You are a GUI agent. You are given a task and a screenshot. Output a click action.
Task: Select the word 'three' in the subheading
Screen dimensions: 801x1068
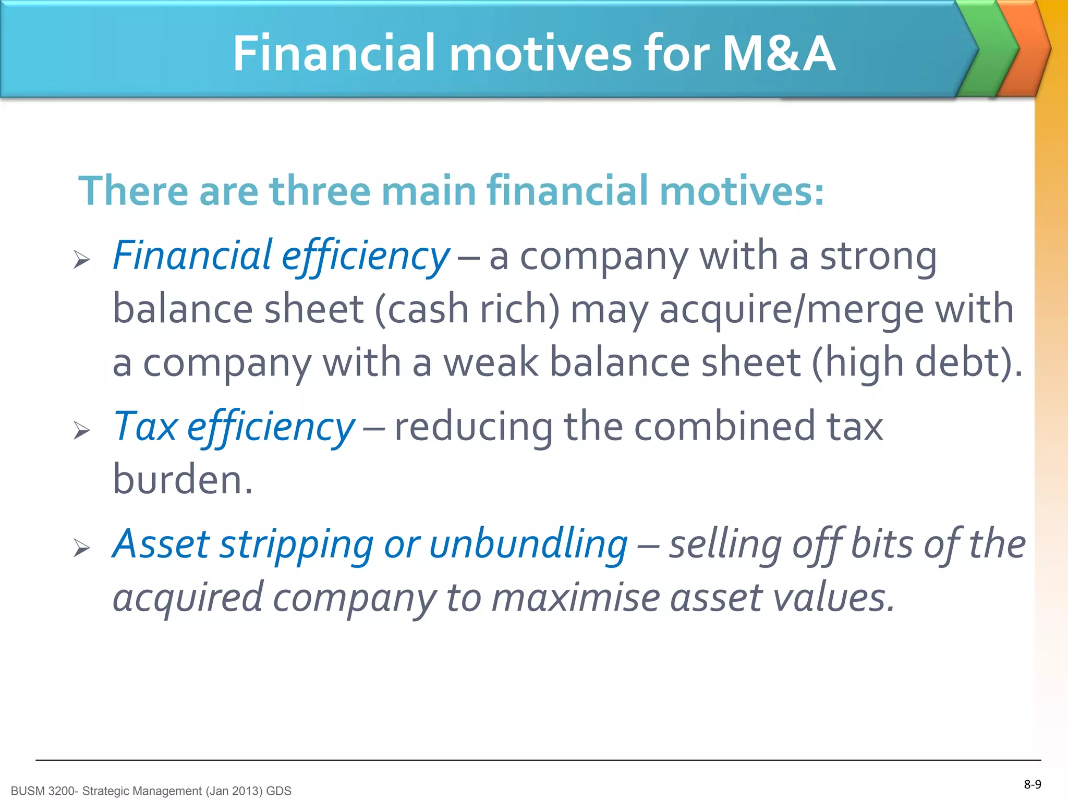[x=320, y=191]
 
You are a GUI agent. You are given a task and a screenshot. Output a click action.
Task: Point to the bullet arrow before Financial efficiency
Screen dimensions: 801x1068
[x=82, y=259]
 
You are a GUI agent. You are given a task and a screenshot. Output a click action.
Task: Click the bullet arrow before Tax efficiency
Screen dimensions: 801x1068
[x=82, y=430]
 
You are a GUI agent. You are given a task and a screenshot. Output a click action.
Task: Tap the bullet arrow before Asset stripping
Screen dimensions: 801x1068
[x=82, y=548]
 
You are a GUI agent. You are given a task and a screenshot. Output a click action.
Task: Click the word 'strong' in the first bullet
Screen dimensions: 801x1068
[x=878, y=257]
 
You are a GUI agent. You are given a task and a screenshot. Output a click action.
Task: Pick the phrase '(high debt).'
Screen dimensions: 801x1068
[x=917, y=363]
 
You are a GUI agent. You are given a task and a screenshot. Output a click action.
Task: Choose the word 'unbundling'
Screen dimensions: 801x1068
[x=528, y=544]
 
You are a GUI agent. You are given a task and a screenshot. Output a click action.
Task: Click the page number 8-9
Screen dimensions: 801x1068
[x=1032, y=784]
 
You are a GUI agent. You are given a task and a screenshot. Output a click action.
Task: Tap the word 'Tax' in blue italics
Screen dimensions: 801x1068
[x=145, y=427]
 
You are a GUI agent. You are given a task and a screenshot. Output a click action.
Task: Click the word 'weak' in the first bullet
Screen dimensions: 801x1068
[x=490, y=363]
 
